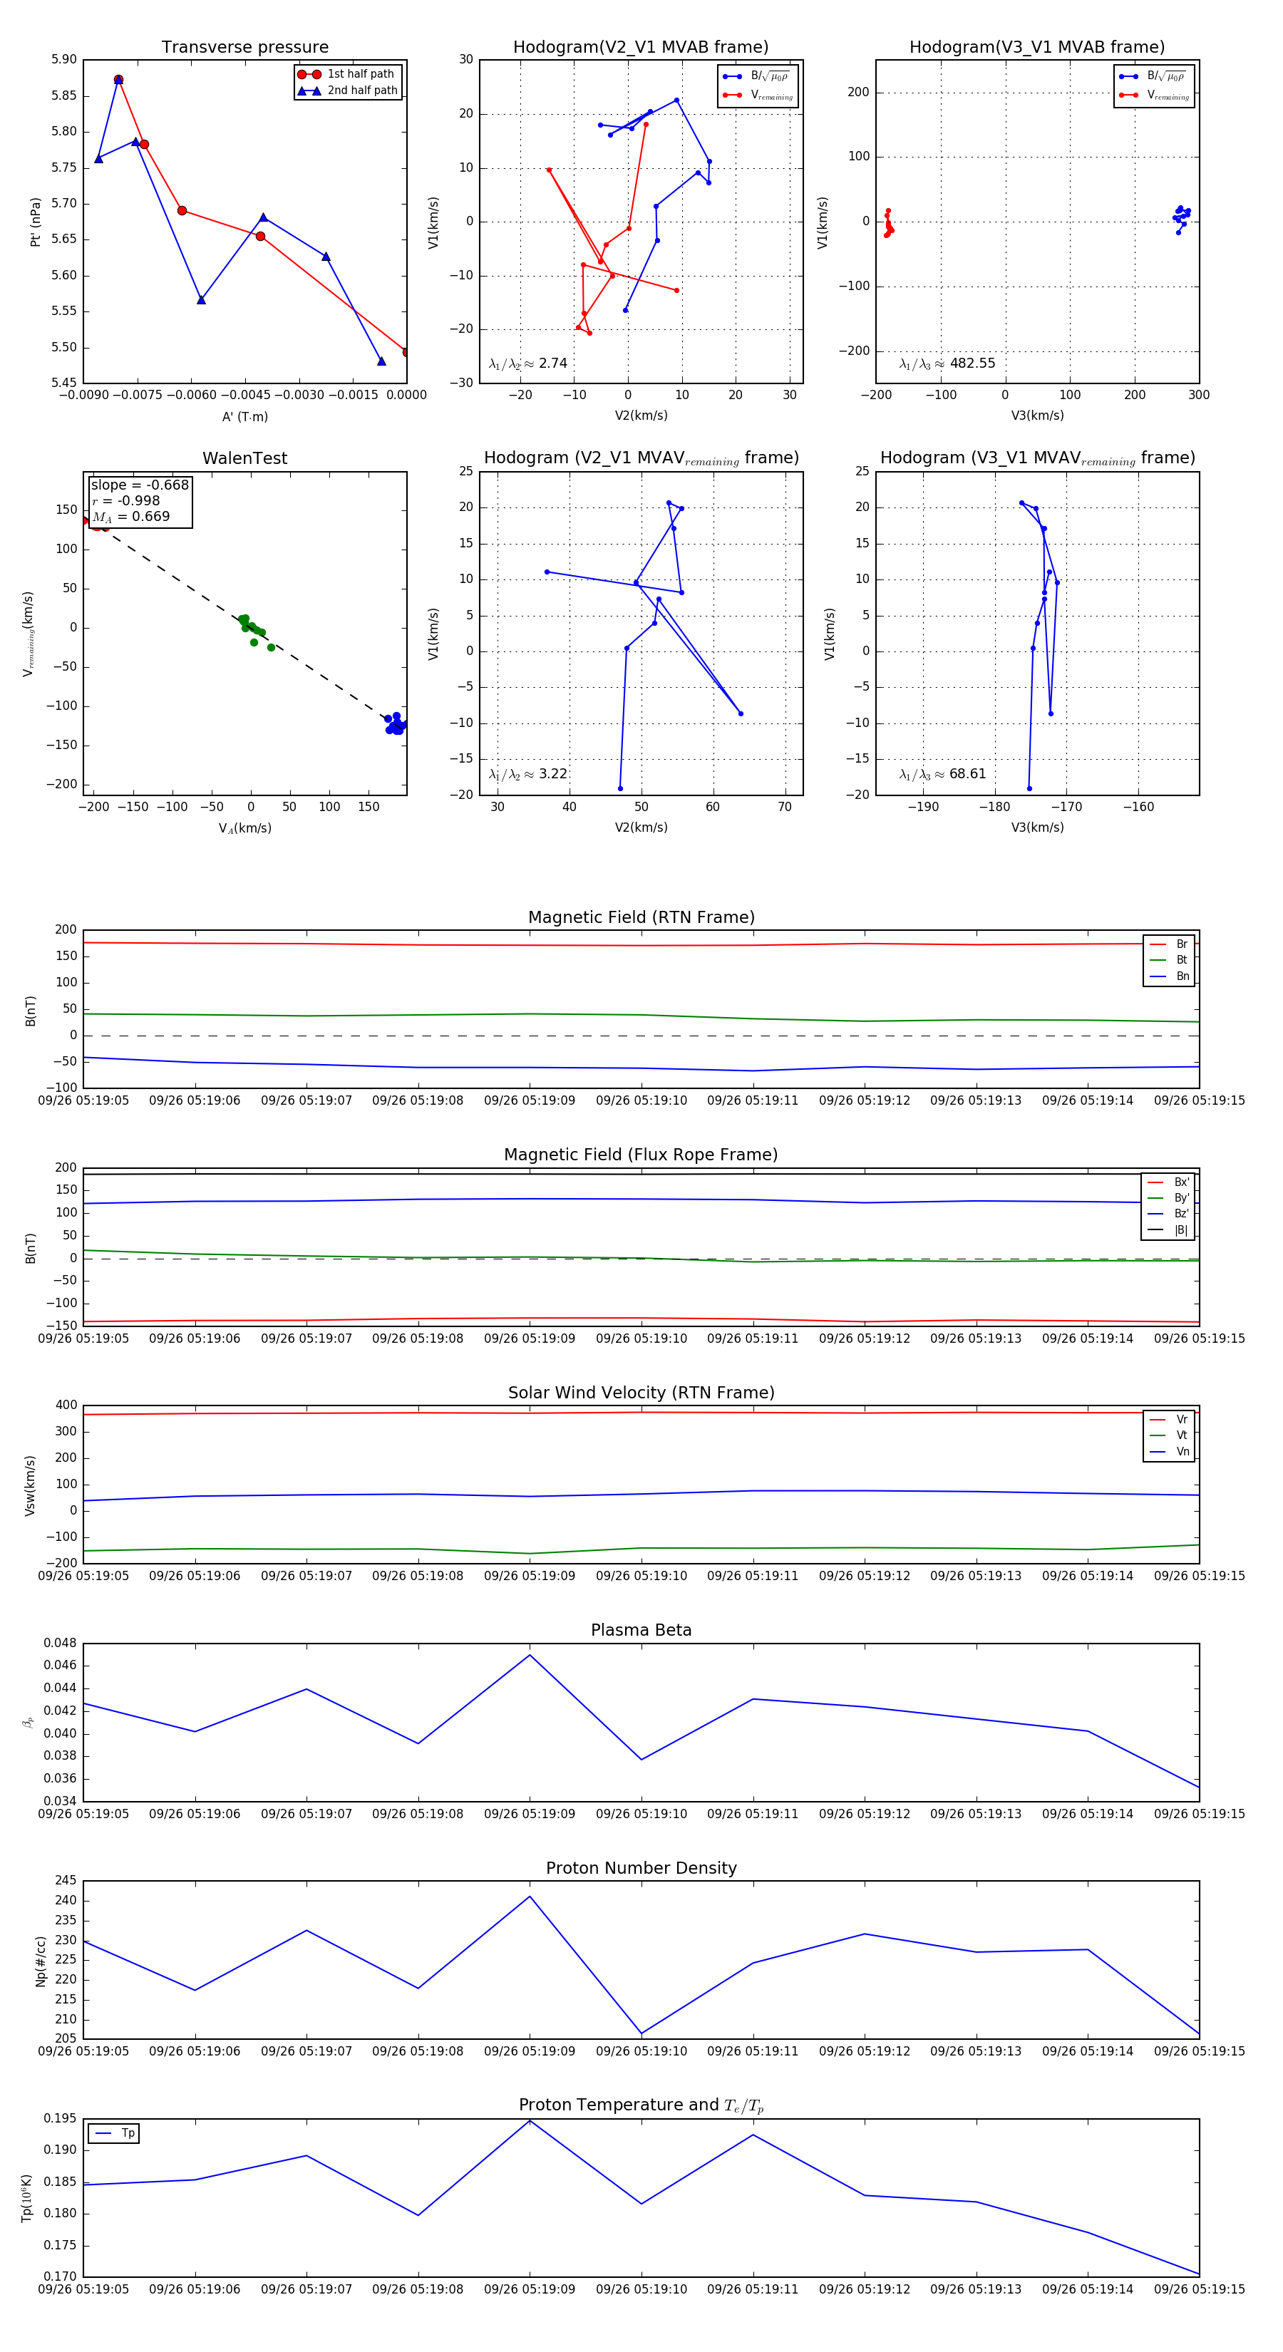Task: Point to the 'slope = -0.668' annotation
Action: coord(140,485)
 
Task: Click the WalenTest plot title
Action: coord(244,458)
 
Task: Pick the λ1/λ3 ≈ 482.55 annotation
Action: coord(947,363)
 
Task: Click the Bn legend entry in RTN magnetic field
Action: coord(1182,976)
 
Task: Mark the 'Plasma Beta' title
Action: coord(641,1630)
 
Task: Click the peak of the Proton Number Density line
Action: coord(530,1897)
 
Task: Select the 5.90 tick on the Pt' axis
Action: coord(64,59)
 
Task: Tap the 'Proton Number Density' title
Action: coord(641,1867)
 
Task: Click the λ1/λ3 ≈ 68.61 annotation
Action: coord(942,774)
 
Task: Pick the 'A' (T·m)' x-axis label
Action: coord(244,416)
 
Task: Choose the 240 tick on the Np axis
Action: coord(66,1900)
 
